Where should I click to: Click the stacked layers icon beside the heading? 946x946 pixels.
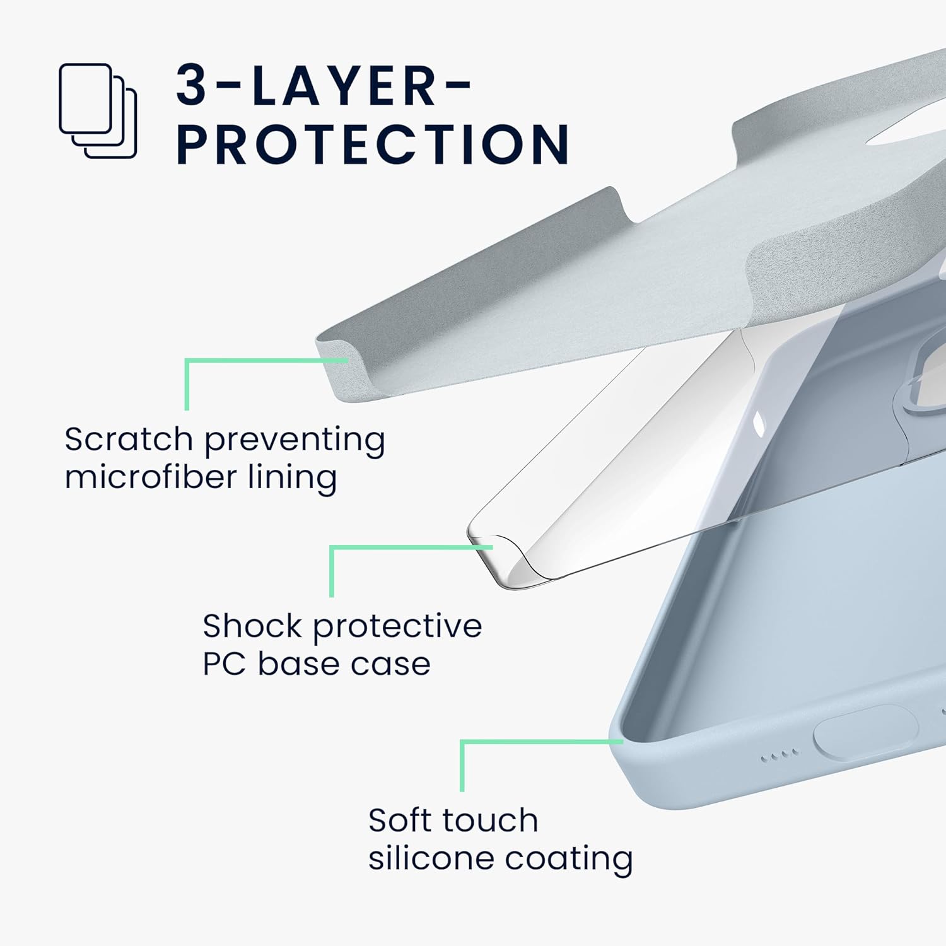click(98, 110)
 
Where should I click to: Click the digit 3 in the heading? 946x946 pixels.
click(192, 85)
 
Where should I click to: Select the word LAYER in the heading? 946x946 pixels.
click(344, 85)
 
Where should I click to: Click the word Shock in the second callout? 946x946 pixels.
click(252, 626)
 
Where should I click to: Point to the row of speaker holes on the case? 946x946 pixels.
click(780, 755)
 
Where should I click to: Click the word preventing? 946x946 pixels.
click(295, 440)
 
